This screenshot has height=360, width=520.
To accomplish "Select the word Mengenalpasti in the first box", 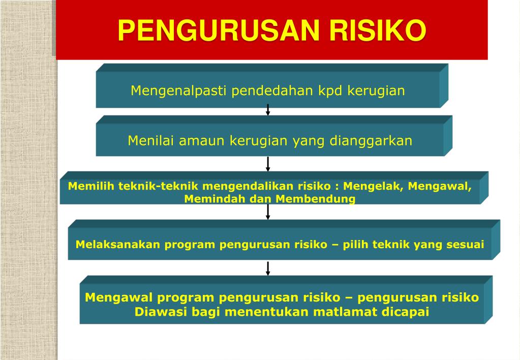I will (178, 91).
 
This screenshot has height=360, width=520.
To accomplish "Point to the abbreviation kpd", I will (331, 91).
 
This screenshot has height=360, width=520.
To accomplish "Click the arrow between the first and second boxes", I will (268, 109).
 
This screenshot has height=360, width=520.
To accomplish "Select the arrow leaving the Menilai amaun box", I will (268, 164).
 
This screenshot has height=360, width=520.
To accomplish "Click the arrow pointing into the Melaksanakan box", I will (268, 212).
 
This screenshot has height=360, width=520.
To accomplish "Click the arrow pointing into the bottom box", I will (268, 268).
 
